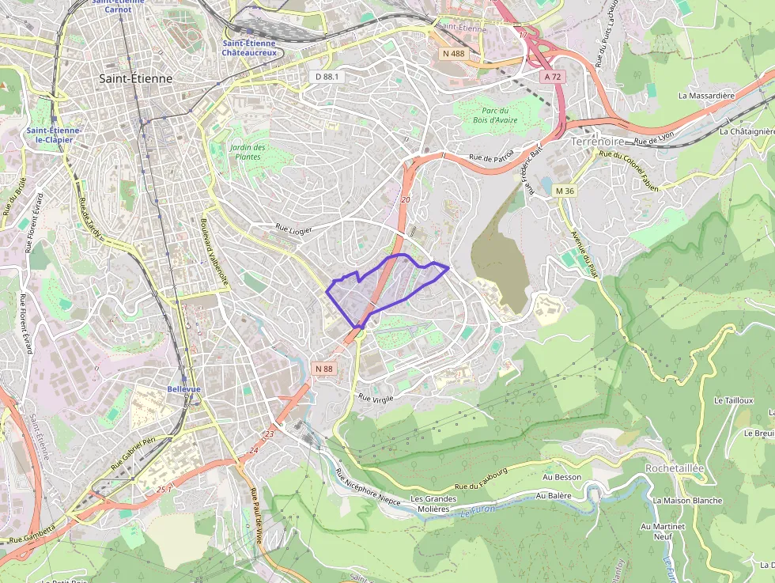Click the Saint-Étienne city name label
click(135, 79)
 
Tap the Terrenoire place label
click(597, 142)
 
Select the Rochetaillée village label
click(674, 468)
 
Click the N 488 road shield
click(454, 52)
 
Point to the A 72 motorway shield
click(552, 77)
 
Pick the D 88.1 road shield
click(327, 77)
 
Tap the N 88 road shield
click(324, 369)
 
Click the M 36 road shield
click(565, 191)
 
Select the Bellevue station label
click(183, 389)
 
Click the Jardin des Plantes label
click(248, 152)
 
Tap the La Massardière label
click(706, 96)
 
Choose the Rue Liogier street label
click(293, 229)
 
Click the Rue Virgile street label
click(376, 398)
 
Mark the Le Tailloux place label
click(734, 401)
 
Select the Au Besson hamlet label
click(561, 477)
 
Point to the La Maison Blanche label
click(687, 501)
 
